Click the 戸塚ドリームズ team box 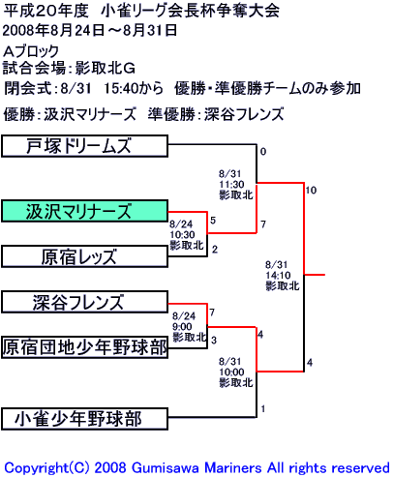(x=84, y=146)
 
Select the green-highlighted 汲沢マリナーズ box (x=84, y=211)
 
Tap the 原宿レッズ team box (x=84, y=256)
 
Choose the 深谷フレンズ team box (x=84, y=302)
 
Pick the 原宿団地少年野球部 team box (x=84, y=347)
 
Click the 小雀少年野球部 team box (x=84, y=419)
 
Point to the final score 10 (x=311, y=191)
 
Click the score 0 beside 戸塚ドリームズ (x=263, y=152)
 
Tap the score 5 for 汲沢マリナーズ (x=213, y=221)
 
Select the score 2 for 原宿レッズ (x=215, y=250)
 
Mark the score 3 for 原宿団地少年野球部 (x=214, y=340)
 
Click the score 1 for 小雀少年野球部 (x=263, y=409)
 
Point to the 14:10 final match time (x=278, y=276)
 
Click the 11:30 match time (x=231, y=185)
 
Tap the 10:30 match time (x=182, y=235)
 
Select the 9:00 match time (x=182, y=327)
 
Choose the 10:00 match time (x=231, y=373)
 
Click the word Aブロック (x=31, y=51)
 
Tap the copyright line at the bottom (x=196, y=467)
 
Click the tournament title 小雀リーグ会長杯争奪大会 (x=190, y=12)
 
